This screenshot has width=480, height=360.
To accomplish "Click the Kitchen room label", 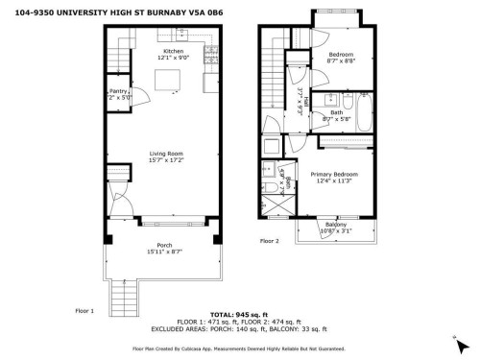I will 174,51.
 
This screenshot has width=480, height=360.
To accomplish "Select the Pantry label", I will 119,91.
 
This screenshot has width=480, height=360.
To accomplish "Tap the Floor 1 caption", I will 84,311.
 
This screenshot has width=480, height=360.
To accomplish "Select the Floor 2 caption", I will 268,242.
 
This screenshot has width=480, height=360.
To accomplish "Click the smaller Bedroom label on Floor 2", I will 342,55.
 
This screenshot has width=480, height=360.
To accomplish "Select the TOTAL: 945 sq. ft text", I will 236,314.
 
